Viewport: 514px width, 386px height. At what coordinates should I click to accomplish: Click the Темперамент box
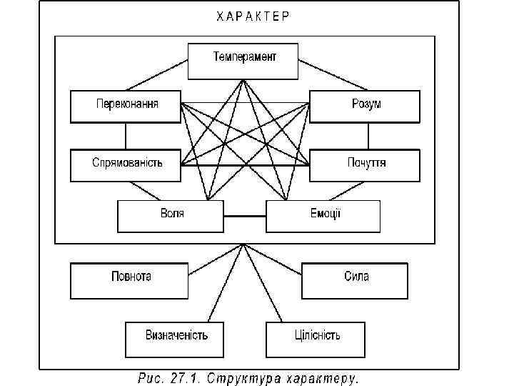(x=243, y=61)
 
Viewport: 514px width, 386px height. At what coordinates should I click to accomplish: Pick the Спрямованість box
(x=126, y=164)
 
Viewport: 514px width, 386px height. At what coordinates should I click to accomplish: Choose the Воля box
(x=170, y=216)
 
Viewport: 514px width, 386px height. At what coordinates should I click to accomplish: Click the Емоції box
(x=323, y=216)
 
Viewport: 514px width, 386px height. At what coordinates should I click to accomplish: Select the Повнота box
(x=129, y=280)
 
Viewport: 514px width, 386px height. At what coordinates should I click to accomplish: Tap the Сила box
(x=354, y=280)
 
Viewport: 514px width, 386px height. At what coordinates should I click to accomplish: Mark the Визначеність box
(x=175, y=339)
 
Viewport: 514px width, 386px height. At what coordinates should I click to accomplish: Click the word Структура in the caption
(x=243, y=377)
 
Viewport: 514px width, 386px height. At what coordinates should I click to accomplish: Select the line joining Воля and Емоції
(x=244, y=216)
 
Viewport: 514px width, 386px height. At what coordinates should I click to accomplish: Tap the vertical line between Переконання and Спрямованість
(x=126, y=136)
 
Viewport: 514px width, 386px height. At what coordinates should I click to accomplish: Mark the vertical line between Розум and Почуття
(x=366, y=136)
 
